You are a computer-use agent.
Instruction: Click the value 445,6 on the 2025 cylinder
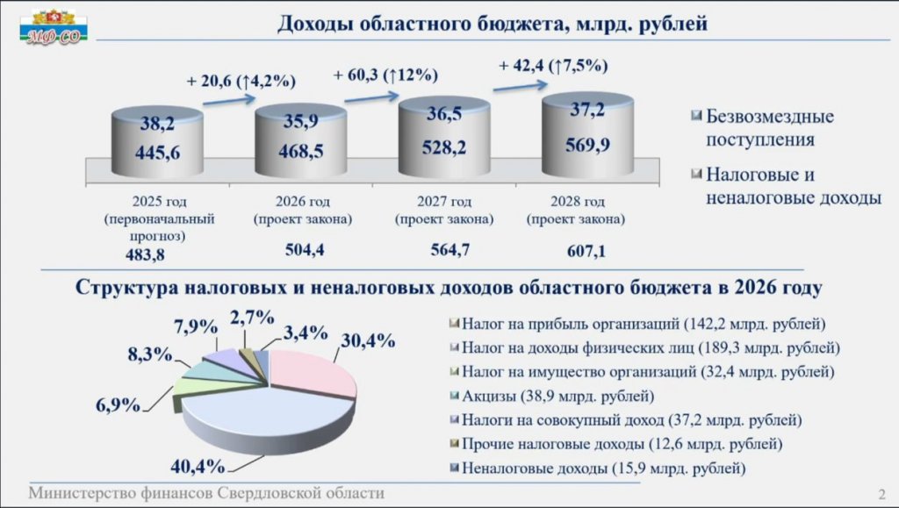tap(158, 153)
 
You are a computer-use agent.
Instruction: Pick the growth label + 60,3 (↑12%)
tap(385, 75)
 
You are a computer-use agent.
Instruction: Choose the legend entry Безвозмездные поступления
tap(769, 128)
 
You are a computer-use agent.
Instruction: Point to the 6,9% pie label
tap(119, 405)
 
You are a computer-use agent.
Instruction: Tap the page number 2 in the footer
tap(881, 492)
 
